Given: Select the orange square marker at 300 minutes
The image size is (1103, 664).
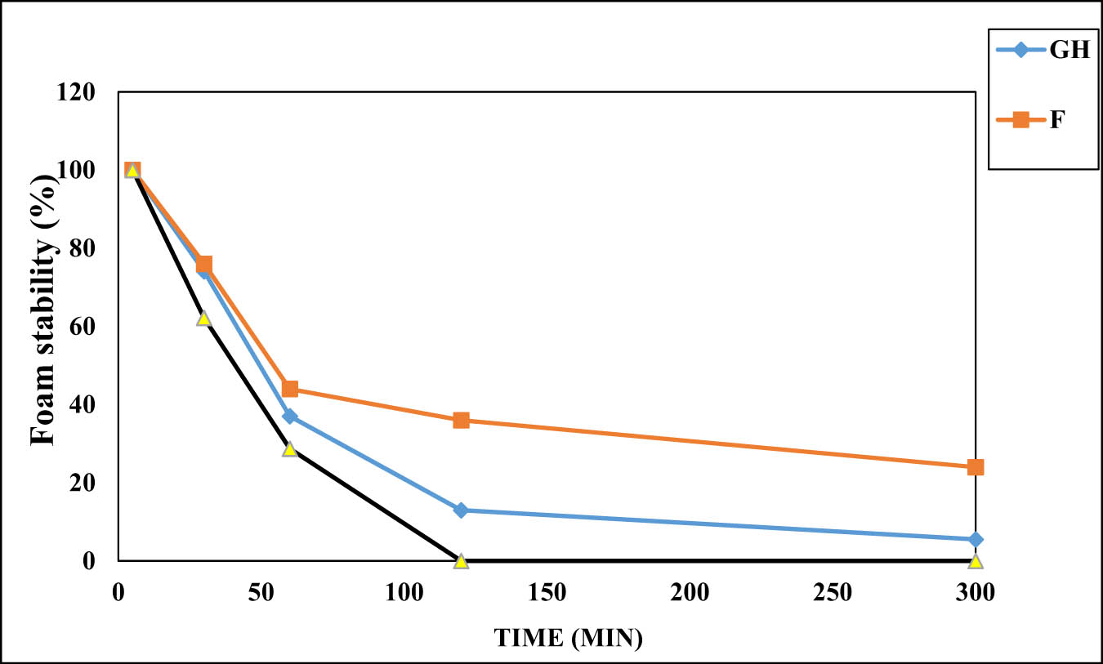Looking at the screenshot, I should pyautogui.click(x=975, y=467).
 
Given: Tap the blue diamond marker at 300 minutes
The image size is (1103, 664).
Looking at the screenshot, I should pyautogui.click(x=975, y=540).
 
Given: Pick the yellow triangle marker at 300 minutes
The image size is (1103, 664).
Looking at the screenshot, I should pyautogui.click(x=975, y=561).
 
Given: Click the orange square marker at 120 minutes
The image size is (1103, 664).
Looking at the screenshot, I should pyautogui.click(x=461, y=420).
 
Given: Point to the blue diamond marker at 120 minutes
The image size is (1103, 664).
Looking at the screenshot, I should pyautogui.click(x=461, y=510).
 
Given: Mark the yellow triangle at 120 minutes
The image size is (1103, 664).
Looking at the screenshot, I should pyautogui.click(x=461, y=561).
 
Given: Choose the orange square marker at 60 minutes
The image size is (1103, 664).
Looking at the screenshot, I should pyautogui.click(x=289, y=389).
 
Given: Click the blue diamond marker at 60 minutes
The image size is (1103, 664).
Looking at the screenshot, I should pyautogui.click(x=289, y=417).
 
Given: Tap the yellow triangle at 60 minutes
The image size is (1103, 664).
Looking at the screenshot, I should pyautogui.click(x=289, y=448).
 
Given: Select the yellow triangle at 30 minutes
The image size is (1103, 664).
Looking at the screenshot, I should pyautogui.click(x=203, y=318).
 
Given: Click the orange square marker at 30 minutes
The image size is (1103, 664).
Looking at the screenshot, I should pyautogui.click(x=204, y=264).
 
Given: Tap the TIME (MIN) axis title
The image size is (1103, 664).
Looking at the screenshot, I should pyautogui.click(x=568, y=638).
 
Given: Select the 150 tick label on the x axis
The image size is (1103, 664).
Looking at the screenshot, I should pyautogui.click(x=547, y=592).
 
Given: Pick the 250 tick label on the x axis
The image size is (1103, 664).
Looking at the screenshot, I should pyautogui.click(x=832, y=592).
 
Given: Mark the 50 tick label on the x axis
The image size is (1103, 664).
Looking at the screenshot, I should pyautogui.click(x=261, y=592).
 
